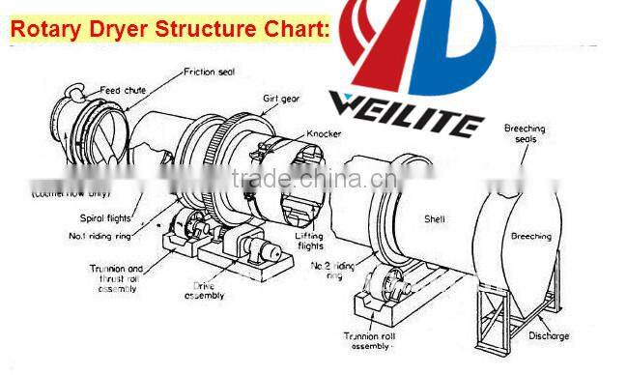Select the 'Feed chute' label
123,90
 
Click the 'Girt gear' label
280,99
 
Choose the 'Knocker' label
326,133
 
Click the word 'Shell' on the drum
435,219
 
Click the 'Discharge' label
548,336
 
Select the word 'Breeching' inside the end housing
530,236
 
